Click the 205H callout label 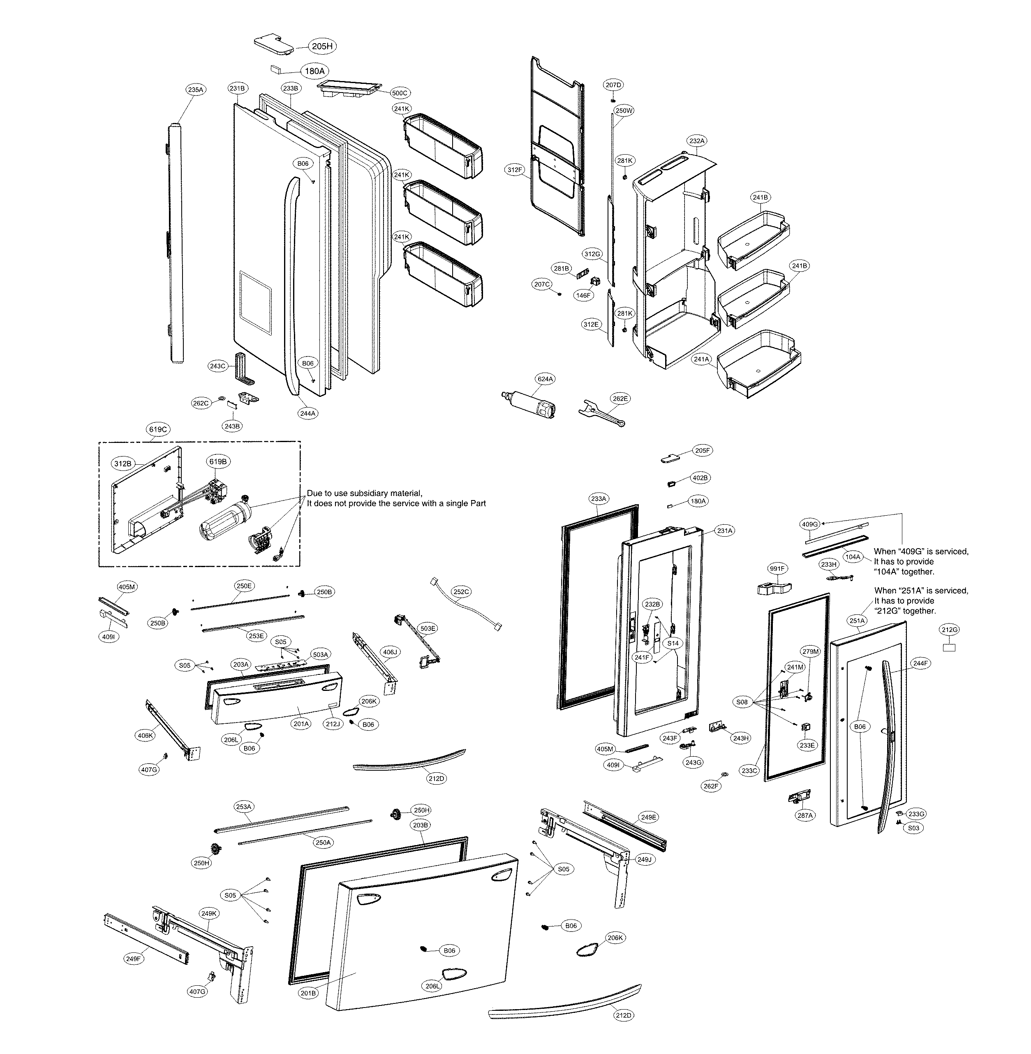321,46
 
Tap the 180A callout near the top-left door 314,71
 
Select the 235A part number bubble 196,90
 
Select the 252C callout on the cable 461,592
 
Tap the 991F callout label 778,568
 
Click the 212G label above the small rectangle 949,630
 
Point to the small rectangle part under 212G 949,647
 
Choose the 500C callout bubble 400,93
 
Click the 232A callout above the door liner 697,141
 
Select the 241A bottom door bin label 701,359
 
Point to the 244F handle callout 920,663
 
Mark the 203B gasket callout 421,825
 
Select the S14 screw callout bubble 673,644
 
